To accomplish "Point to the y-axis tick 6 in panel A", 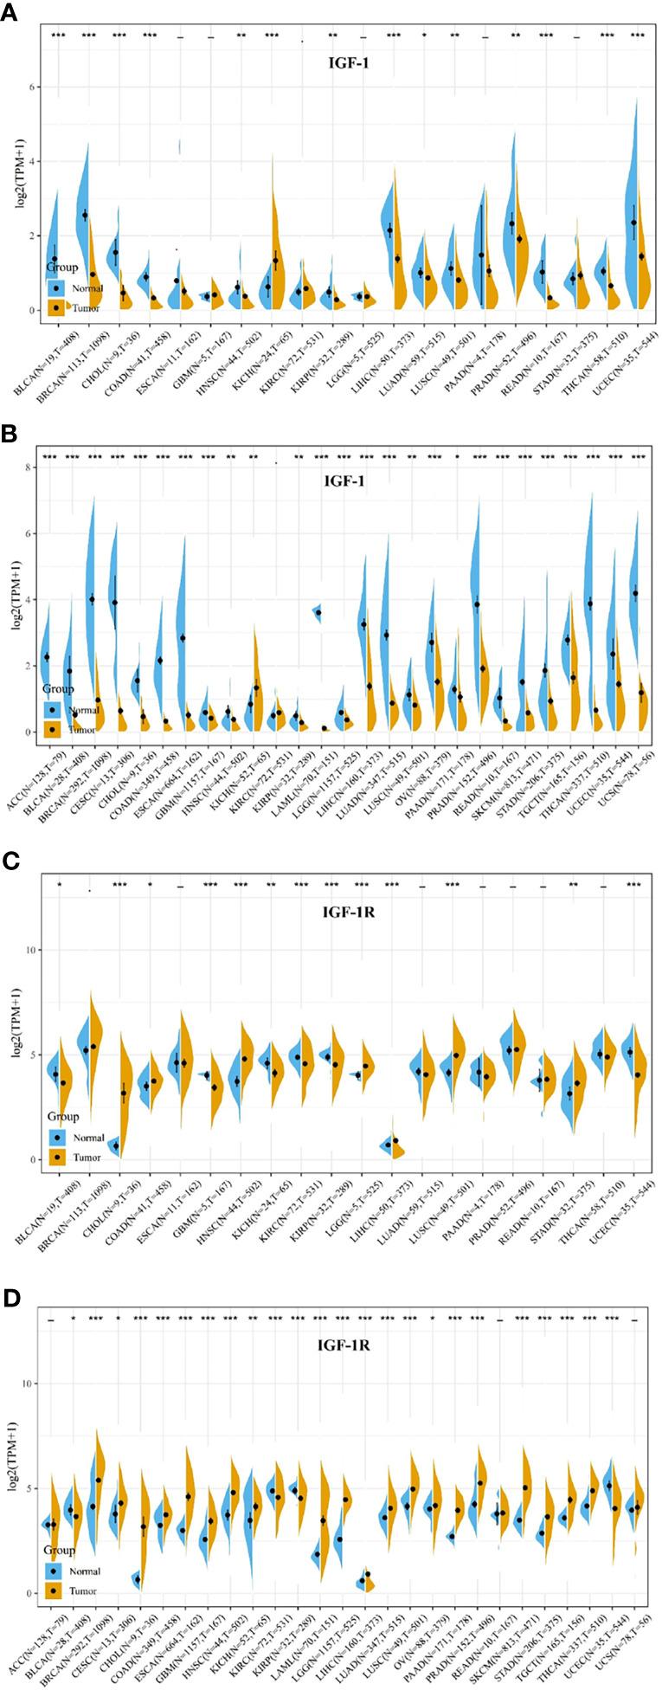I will (33, 87).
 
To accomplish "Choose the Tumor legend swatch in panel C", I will (57, 1157).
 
